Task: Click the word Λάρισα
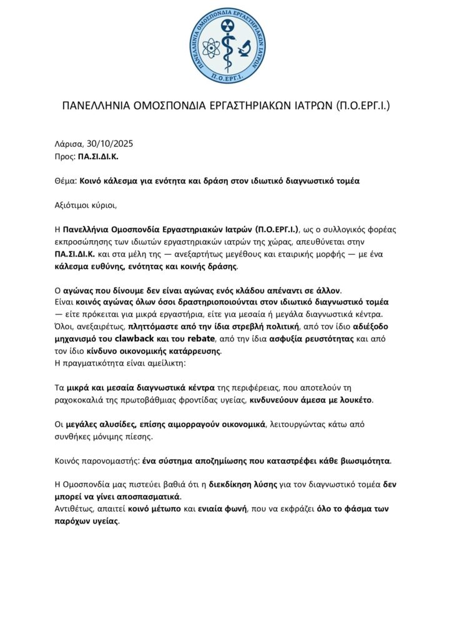pyautogui.click(x=68, y=144)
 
